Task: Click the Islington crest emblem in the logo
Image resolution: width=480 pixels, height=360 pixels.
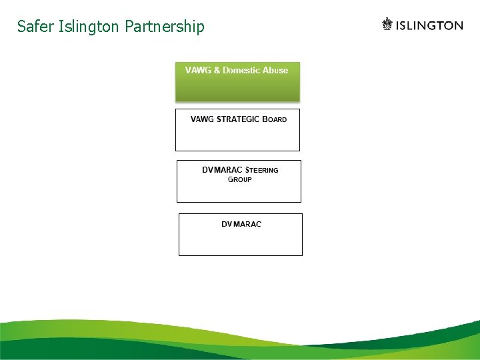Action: click(x=387, y=25)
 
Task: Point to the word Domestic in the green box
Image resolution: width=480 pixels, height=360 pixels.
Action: click(x=243, y=70)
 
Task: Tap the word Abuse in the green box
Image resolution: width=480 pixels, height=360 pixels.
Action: click(x=277, y=70)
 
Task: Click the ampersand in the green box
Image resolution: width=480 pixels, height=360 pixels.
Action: click(x=217, y=70)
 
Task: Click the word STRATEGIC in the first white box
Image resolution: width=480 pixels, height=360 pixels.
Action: click(x=238, y=119)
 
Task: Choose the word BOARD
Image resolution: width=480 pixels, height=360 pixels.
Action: click(x=275, y=119)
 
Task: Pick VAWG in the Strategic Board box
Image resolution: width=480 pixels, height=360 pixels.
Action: click(x=203, y=119)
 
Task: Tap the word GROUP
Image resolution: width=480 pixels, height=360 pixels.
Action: click(x=240, y=180)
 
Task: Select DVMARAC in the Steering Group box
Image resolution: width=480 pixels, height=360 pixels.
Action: click(x=223, y=170)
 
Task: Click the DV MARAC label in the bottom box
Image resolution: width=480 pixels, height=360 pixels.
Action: click(x=241, y=224)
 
